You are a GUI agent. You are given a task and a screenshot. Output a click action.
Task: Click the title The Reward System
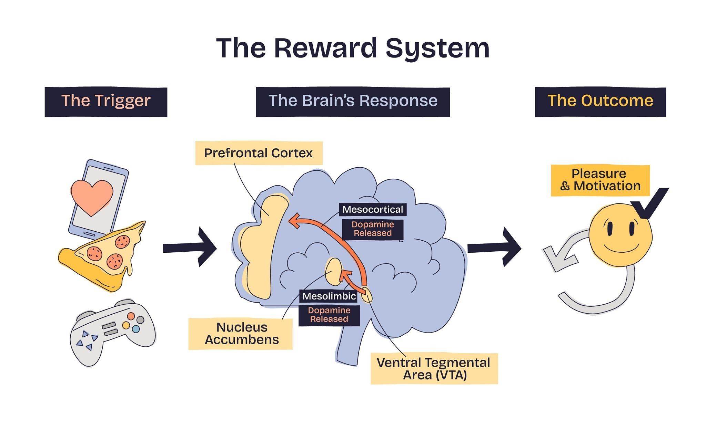coord(353,48)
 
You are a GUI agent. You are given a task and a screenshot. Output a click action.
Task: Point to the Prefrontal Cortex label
coord(259,153)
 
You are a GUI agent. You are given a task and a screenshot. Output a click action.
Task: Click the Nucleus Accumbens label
coord(241,333)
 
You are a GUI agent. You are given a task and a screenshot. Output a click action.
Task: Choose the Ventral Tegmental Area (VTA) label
coord(434,368)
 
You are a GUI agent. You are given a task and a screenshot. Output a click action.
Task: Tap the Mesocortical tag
coord(373,209)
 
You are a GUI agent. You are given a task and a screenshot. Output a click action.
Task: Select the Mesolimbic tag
coord(329,296)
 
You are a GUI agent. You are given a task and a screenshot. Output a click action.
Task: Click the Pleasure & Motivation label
coord(600,180)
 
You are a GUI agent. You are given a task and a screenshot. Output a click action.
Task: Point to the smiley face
coord(620,235)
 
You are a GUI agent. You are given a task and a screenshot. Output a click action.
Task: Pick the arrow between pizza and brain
coord(190,247)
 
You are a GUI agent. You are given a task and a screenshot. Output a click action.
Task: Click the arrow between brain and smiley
coord(495,247)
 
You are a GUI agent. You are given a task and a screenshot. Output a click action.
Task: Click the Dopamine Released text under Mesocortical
coord(373,229)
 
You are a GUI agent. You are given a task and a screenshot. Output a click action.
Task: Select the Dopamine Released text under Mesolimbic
coord(329,315)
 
